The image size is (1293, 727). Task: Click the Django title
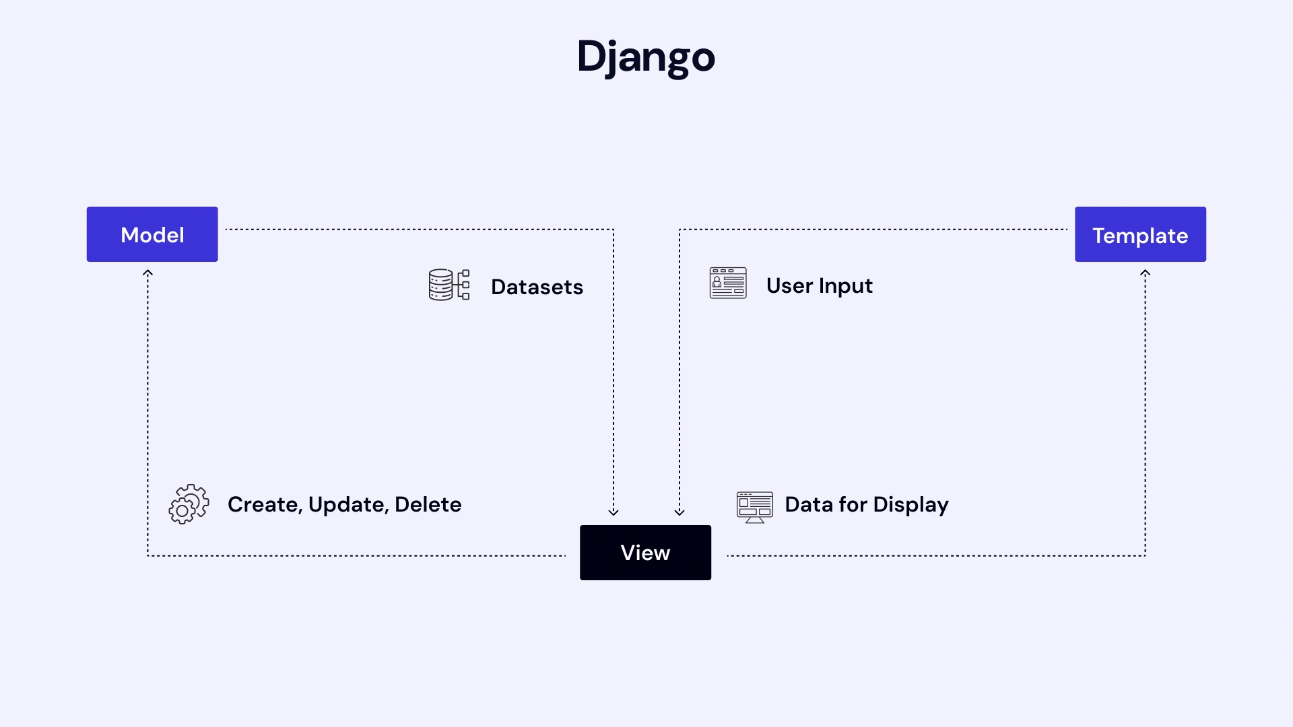pos(645,57)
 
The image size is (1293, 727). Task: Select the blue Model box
pos(152,234)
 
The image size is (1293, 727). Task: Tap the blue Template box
pos(1140,234)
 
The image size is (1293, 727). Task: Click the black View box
pos(645,553)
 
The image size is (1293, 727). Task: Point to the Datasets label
pos(537,287)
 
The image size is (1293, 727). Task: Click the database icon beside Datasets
pos(449,285)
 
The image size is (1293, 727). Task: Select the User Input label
pos(819,286)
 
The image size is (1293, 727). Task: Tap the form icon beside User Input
pos(728,283)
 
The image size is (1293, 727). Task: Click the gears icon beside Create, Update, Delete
pos(189,504)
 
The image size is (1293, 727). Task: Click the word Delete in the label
pos(428,504)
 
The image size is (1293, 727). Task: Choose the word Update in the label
pos(348,505)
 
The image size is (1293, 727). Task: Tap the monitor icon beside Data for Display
pos(754,507)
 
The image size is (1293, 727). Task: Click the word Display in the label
pos(910,505)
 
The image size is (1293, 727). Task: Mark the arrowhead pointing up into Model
pos(147,273)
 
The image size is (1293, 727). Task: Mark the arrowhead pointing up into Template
pos(1145,273)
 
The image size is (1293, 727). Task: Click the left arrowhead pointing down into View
pos(614,512)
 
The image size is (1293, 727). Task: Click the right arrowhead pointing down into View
pos(679,512)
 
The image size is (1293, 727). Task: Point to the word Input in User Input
pos(846,287)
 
